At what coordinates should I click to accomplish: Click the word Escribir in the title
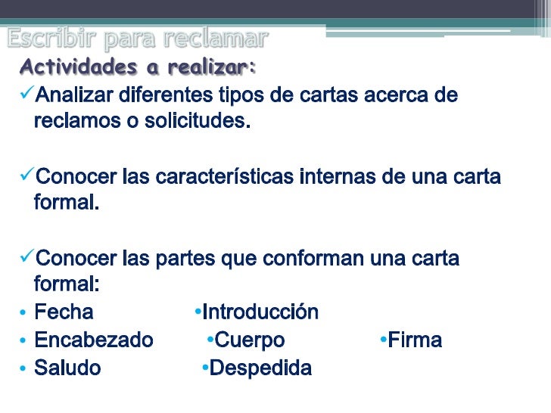click(51, 37)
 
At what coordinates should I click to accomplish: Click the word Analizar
click(73, 96)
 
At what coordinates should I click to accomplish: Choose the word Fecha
click(64, 312)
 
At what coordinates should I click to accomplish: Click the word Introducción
click(260, 312)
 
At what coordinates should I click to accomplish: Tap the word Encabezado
click(94, 340)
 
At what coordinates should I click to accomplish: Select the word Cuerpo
click(250, 340)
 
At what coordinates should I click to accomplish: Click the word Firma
click(415, 340)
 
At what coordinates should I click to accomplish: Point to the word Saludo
click(67, 368)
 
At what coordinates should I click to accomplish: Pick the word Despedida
click(260, 368)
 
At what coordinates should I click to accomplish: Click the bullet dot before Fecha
click(23, 313)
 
